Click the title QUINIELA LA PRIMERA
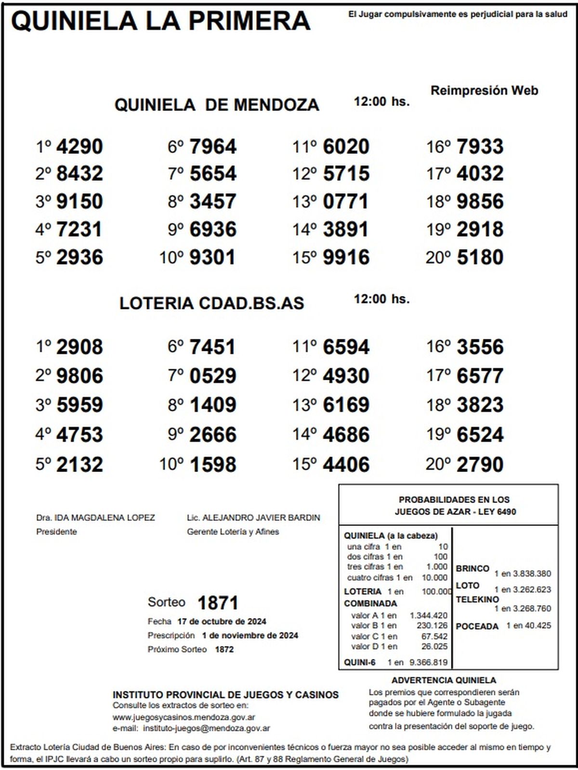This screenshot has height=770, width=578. coord(160,21)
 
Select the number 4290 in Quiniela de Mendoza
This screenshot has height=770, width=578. coord(79,147)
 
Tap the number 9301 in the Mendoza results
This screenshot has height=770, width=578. coord(212,257)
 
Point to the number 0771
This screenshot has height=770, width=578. coord(345,202)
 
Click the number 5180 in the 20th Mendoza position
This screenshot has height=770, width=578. coord(480,257)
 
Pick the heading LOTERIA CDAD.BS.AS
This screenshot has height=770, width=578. coord(211,303)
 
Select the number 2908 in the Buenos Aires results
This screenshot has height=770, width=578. coord(79,347)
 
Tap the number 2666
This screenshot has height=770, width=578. coord(212,435)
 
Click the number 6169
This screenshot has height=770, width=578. coord(346,405)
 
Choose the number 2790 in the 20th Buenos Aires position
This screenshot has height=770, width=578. coord(480,465)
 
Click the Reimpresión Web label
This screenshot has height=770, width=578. coord(484,90)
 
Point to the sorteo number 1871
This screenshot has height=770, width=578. coord(218,603)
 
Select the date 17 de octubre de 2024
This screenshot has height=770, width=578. coord(222,621)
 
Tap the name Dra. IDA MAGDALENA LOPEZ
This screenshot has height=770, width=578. coord(95,518)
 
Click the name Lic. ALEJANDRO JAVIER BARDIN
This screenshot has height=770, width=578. coord(253,518)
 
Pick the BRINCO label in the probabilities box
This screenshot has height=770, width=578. coord(473,568)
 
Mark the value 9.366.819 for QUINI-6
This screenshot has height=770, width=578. coord(428,662)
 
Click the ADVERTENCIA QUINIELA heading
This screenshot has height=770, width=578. coord(444,680)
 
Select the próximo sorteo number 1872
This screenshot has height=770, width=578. coord(224,649)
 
